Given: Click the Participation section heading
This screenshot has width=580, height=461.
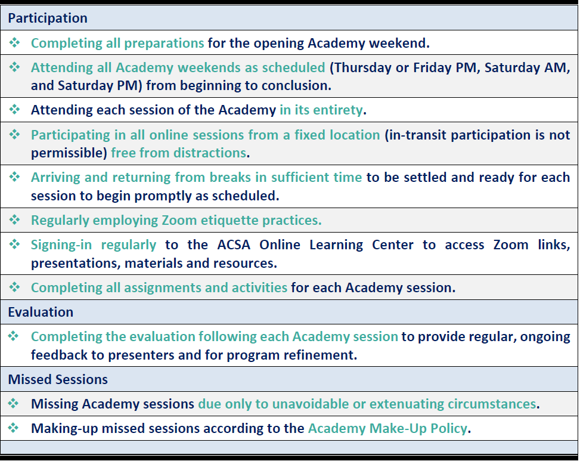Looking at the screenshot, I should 48,18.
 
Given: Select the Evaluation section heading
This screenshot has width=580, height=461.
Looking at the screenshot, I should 41,312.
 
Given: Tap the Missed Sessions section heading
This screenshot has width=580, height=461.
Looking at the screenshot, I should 58,379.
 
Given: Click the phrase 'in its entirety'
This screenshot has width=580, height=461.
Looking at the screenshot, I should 321,110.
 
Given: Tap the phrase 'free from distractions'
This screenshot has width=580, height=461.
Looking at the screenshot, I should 178,153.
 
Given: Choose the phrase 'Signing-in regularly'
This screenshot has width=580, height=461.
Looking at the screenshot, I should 94,245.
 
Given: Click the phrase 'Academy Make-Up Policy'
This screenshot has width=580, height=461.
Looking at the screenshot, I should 387,428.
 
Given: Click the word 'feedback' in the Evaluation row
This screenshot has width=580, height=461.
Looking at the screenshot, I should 58,354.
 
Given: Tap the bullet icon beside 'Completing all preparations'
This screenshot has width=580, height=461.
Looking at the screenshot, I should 15,43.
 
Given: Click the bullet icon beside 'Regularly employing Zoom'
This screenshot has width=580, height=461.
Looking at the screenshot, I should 15,220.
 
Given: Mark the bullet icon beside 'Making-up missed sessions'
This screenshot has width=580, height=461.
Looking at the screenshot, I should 15,428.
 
